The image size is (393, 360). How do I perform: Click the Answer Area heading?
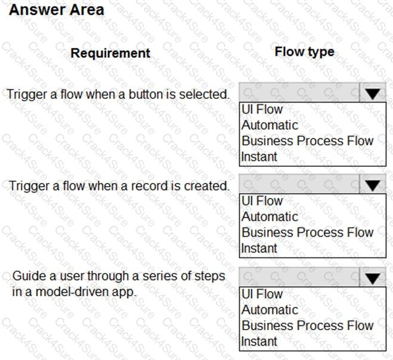[57, 10]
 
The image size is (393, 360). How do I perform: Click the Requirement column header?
[110, 53]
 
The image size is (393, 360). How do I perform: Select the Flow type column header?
[304, 52]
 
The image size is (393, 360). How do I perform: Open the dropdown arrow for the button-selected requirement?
[373, 94]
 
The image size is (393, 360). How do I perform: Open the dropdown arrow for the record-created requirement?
[373, 186]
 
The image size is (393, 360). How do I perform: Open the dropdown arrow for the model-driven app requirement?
[373, 278]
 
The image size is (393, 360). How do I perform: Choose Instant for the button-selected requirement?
[259, 157]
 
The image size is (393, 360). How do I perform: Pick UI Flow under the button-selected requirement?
[262, 109]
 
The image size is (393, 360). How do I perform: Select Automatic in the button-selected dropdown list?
[270, 125]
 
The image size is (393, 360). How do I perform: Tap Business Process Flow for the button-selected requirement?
[307, 141]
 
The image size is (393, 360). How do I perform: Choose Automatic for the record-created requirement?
[270, 217]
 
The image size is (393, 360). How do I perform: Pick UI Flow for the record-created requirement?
[262, 201]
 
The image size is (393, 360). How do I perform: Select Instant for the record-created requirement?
[259, 249]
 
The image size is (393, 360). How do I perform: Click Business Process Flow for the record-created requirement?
[307, 232]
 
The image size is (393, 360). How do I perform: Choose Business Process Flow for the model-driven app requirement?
[307, 325]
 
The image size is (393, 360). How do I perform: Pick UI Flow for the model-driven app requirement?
[262, 294]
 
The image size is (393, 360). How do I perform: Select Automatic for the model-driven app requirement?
[270, 310]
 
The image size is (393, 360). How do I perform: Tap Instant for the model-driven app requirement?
[259, 342]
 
